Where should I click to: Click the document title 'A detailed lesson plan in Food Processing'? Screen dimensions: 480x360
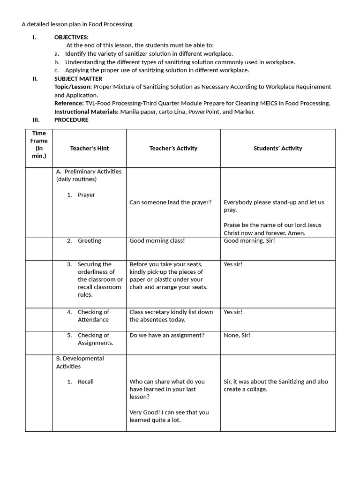(x=77, y=24)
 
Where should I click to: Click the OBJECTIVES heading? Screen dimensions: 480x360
(x=71, y=37)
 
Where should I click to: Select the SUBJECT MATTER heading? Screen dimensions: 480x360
(x=78, y=79)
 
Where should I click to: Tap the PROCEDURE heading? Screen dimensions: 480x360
(x=71, y=120)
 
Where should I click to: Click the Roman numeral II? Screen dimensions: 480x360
(x=35, y=79)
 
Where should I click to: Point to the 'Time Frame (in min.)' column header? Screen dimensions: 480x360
(x=39, y=144)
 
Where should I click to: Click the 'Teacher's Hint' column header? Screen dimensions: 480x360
(x=90, y=148)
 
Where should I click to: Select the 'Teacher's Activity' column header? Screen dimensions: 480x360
(x=173, y=148)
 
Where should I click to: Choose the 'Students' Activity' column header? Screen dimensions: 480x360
(x=278, y=148)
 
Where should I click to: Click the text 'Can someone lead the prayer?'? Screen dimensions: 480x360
(x=171, y=202)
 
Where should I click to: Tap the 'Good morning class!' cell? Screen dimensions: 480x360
(x=157, y=241)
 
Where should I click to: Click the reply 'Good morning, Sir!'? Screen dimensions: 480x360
(x=249, y=241)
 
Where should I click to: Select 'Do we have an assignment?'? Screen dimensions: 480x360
(x=167, y=336)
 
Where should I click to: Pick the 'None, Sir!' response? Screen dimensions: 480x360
(x=237, y=336)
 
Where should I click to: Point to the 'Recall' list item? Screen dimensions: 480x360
(x=85, y=382)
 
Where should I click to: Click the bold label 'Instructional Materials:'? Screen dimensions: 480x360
(x=86, y=112)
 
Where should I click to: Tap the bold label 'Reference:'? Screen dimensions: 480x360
(x=68, y=103)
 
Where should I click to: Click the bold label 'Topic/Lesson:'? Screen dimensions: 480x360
(x=73, y=87)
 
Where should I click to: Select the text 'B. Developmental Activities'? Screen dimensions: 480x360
(x=80, y=362)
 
